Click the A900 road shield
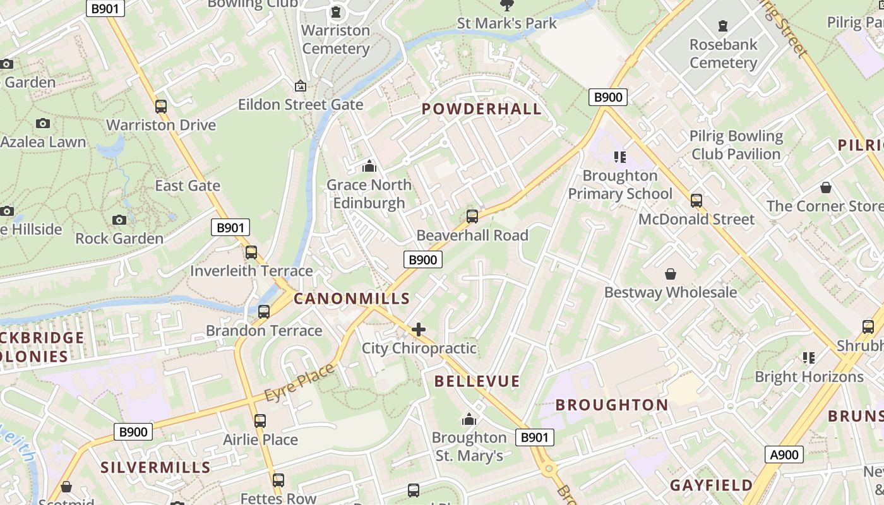point(785,454)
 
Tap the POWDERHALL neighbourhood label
point(481,109)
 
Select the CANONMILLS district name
point(352,299)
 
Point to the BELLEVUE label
point(477,381)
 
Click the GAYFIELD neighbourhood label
point(711,485)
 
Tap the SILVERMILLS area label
point(155,467)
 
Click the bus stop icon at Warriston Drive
point(161,107)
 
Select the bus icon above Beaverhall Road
point(472,217)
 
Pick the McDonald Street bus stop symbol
point(696,201)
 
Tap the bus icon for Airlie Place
point(260,421)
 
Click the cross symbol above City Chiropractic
point(419,330)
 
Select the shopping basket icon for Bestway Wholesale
point(671,274)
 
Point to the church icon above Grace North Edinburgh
point(369,167)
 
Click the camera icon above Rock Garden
point(119,220)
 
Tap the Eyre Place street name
point(299,383)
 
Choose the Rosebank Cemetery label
point(723,54)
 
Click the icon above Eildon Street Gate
point(301,86)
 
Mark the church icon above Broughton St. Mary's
point(469,419)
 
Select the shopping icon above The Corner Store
point(825,187)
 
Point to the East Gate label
point(188,186)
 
